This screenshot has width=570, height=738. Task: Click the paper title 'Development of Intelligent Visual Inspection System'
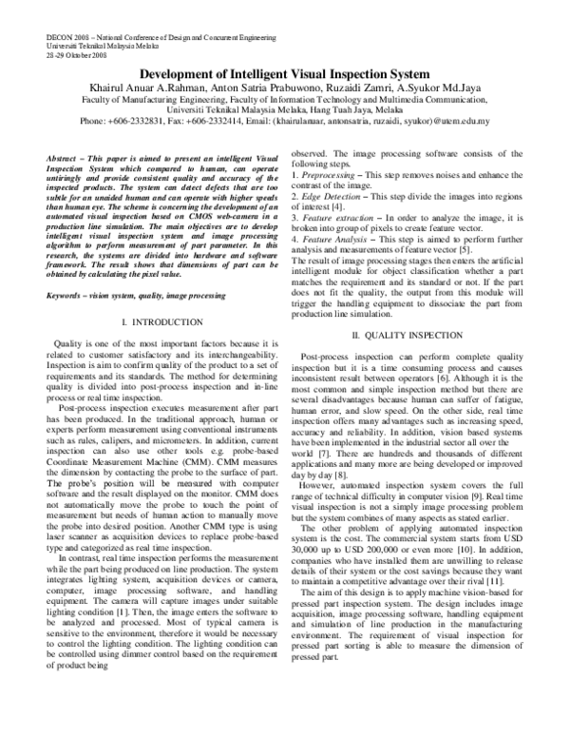click(284, 73)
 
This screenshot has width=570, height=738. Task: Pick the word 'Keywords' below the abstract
click(64, 269)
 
